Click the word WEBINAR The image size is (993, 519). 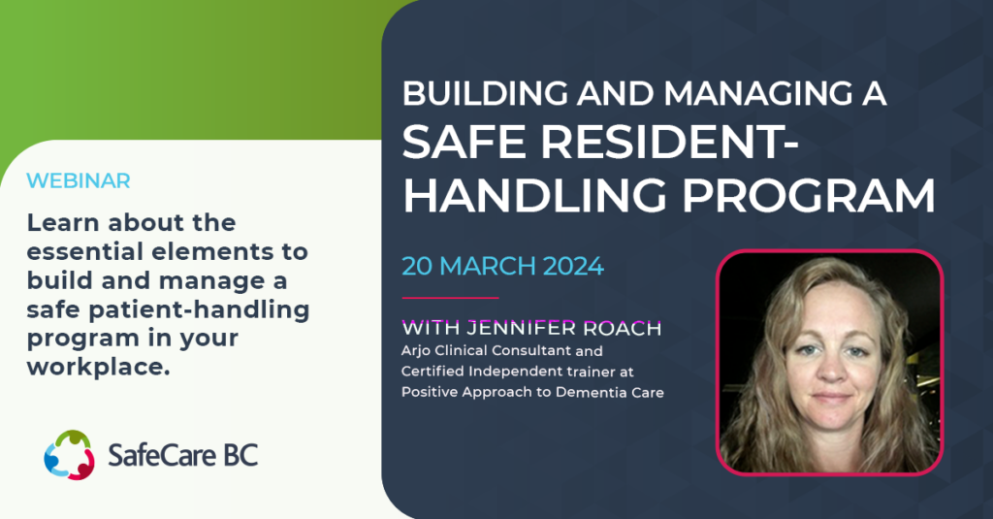point(79,180)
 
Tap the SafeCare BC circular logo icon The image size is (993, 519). point(68,454)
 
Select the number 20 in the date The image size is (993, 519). point(419,265)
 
